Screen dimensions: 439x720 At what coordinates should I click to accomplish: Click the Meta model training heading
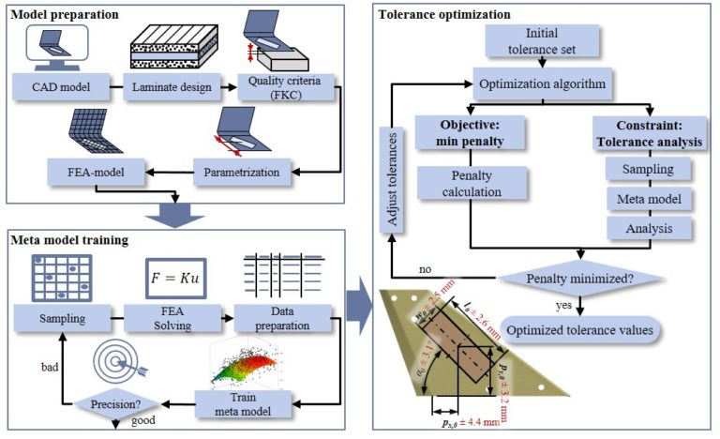[72, 240]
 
